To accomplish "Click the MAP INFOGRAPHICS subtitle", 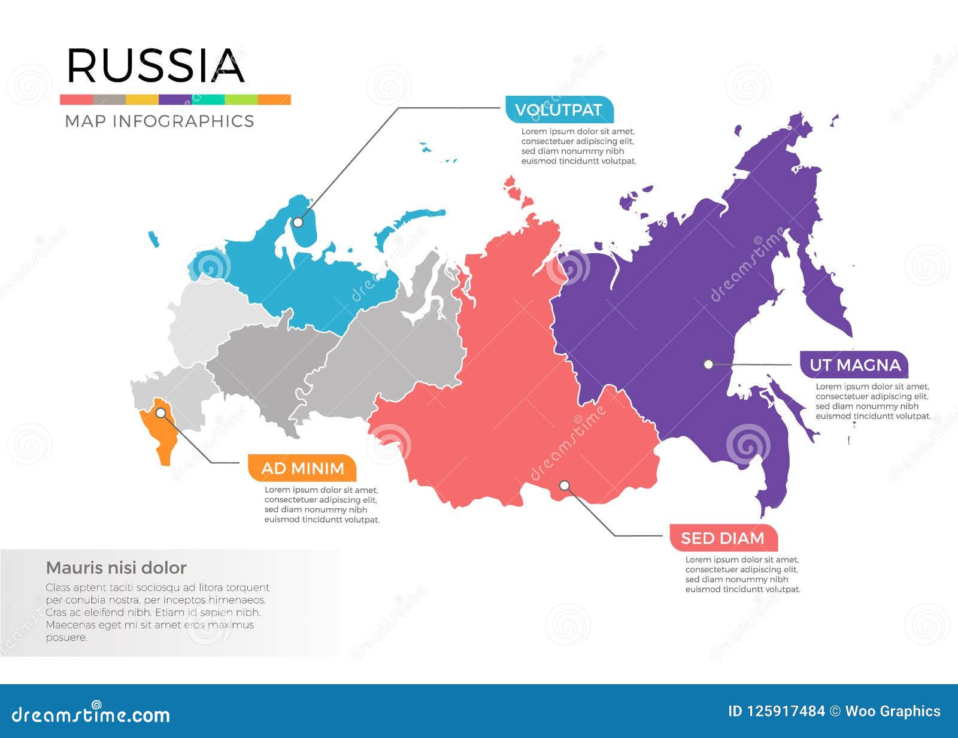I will coord(159,121).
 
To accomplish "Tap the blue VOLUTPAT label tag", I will coord(559,110).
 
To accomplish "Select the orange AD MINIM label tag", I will coord(302,468).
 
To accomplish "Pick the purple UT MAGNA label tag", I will coord(854,365).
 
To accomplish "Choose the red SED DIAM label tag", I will coord(723,538).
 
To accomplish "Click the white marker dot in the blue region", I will coord(298,222).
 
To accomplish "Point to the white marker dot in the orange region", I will coord(160,412).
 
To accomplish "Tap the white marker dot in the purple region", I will coord(708,364).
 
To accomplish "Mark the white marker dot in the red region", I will coord(564,485).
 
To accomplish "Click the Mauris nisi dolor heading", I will coord(116,567).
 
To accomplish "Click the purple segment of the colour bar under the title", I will coord(175,99).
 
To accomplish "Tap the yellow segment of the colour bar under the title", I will coord(142,99).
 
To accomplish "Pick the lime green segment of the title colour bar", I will coord(241,99).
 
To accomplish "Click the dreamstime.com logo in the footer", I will coord(91,713).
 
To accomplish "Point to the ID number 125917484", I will coord(776,711).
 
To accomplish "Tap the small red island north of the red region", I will coord(515,191).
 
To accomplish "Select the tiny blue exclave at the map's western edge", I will coord(154,239).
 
